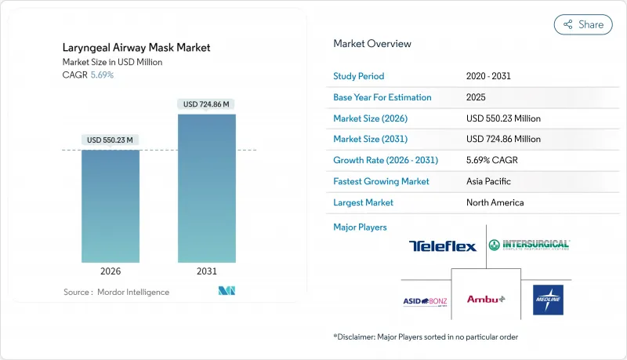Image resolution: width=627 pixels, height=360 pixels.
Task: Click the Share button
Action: click(x=583, y=24)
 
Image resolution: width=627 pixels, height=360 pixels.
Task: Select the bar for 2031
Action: click(x=207, y=188)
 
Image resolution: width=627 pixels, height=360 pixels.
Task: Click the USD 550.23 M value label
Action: click(x=111, y=140)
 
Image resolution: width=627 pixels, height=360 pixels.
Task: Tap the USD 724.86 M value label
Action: click(x=207, y=104)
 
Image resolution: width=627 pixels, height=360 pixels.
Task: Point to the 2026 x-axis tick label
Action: click(x=111, y=271)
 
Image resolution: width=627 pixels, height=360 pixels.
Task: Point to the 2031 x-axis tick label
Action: click(x=207, y=271)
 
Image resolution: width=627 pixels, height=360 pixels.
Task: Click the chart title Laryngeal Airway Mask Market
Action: click(x=137, y=48)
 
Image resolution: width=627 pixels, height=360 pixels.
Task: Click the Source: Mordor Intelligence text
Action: click(x=117, y=292)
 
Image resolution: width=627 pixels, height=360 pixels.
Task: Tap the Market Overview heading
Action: click(x=372, y=44)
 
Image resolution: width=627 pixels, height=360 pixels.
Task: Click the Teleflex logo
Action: click(x=442, y=246)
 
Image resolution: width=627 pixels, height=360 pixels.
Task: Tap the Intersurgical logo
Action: click(x=529, y=245)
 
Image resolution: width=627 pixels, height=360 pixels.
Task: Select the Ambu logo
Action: click(x=486, y=299)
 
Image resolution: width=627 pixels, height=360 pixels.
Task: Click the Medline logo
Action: click(x=548, y=300)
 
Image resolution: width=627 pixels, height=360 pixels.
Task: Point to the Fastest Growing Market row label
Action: click(x=381, y=181)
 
